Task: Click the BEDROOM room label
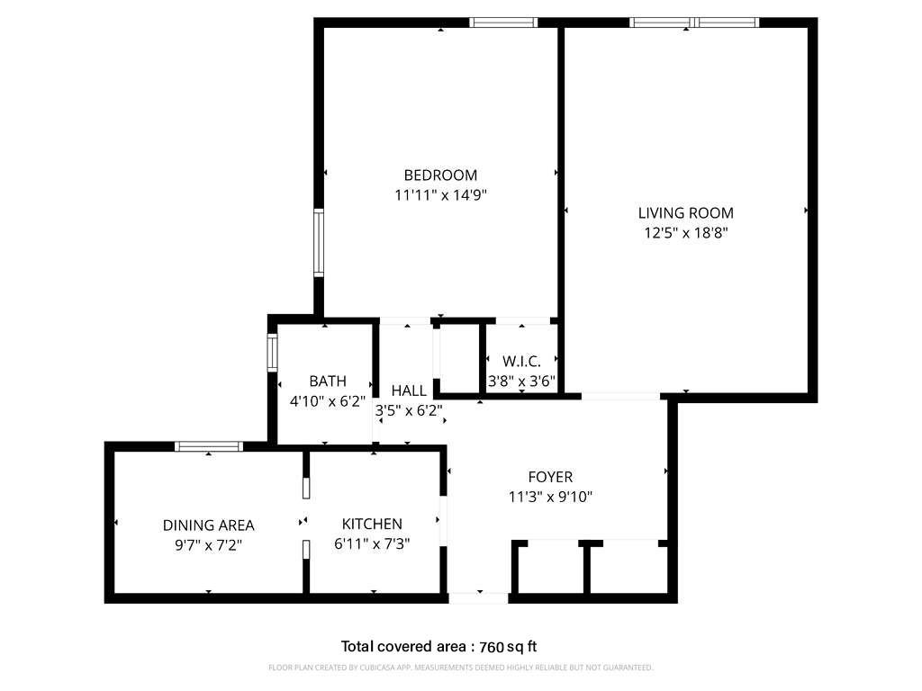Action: coord(440,175)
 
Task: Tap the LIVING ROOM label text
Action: coord(685,212)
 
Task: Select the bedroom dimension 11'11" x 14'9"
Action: coord(440,194)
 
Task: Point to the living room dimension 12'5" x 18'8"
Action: coord(685,233)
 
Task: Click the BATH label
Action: coord(328,381)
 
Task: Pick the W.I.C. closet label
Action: coord(521,361)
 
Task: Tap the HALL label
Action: coord(409,390)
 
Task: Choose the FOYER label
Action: coord(550,477)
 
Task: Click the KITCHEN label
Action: coord(372,525)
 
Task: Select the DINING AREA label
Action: coord(209,525)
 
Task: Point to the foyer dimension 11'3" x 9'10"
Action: coord(550,497)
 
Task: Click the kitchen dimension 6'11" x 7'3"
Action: coord(372,544)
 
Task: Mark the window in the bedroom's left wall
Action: coord(319,243)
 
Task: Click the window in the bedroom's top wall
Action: coord(503,22)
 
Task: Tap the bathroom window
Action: coord(272,353)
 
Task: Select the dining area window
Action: coord(209,446)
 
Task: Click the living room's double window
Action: coord(694,22)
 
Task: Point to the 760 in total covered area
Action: coord(493,648)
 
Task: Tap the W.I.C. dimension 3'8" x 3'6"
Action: coord(521,381)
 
